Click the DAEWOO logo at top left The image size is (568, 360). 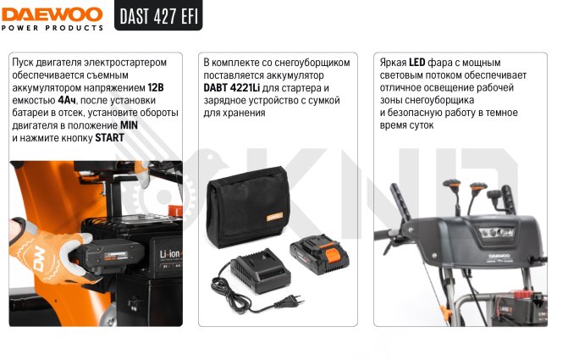(52, 15)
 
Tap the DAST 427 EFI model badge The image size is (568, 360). (158, 15)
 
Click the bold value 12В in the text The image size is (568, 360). (156, 88)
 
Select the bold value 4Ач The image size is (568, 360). (67, 101)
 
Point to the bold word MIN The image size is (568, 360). (129, 125)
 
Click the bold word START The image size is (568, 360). (109, 138)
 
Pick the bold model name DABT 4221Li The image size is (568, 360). (231, 88)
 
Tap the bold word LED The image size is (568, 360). (417, 63)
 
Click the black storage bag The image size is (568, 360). (248, 207)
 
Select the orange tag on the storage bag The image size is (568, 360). (274, 217)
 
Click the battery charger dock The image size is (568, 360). (262, 270)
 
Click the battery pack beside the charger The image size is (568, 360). (319, 253)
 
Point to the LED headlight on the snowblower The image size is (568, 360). (497, 232)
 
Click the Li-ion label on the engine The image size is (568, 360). (171, 254)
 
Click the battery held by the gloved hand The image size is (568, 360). (109, 256)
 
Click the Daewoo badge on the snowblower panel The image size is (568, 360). (499, 256)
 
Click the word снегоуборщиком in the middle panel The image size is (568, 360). (312, 63)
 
